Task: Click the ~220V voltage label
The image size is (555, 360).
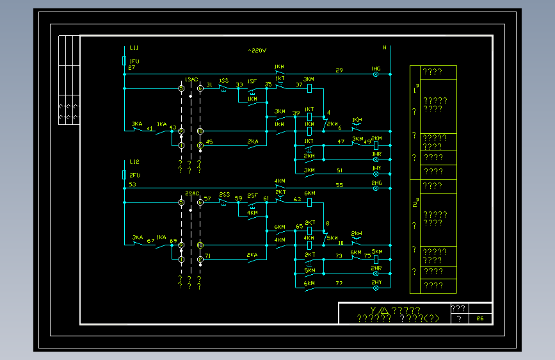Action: tap(257, 50)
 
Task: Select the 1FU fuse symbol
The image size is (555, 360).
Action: tap(124, 61)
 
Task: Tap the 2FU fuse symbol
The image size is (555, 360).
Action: tap(124, 174)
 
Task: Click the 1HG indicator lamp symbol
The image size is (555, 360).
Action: tap(376, 75)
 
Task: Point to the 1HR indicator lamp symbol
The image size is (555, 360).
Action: tap(376, 160)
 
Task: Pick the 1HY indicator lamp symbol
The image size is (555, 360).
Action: tap(376, 174)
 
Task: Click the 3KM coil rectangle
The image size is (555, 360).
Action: tap(309, 88)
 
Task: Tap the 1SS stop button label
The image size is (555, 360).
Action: tap(223, 81)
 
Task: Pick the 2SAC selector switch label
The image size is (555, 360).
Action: tap(191, 193)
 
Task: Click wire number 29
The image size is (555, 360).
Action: tap(339, 70)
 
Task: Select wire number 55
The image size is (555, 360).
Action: tap(339, 184)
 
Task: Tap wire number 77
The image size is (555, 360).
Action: tap(339, 282)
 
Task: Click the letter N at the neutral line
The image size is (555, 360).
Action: tap(385, 47)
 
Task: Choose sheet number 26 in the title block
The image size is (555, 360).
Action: tap(479, 318)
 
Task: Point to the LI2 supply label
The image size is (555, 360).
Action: tap(134, 161)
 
